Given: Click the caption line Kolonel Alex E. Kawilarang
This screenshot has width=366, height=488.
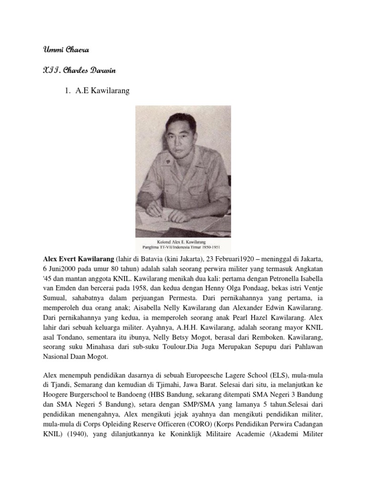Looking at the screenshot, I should [x=183, y=242].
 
